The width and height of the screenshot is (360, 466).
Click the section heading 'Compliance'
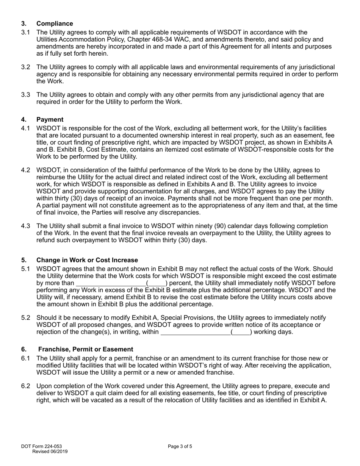(55, 24)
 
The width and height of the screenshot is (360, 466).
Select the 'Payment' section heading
(50, 120)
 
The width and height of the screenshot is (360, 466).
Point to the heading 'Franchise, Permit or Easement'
(85, 349)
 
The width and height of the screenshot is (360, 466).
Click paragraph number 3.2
(26, 67)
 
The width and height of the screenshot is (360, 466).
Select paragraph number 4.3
(26, 226)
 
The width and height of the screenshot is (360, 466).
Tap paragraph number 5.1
(26, 269)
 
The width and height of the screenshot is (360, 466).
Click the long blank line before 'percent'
(111, 283)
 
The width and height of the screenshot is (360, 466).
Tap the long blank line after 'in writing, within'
(196, 332)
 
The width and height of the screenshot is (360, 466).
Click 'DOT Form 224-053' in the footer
(42, 446)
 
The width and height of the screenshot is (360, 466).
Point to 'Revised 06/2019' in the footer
(50, 451)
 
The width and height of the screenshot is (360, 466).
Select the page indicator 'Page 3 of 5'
(180, 446)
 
